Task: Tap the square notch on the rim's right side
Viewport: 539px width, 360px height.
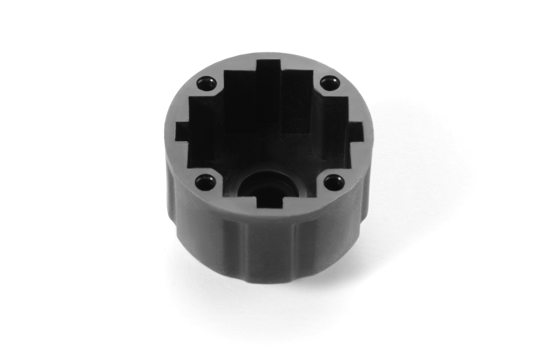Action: (x=355, y=129)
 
